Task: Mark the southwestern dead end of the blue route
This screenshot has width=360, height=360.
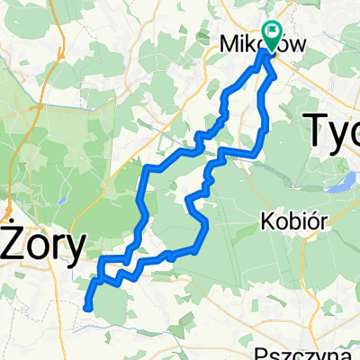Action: click(86, 308)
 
